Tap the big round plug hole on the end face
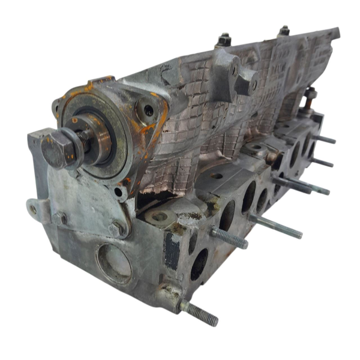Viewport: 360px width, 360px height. [114, 263]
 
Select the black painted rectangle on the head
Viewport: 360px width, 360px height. [173, 250]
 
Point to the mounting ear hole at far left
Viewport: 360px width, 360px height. [33, 209]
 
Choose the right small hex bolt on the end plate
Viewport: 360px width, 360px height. [118, 229]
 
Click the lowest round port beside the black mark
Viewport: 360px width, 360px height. [199, 265]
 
